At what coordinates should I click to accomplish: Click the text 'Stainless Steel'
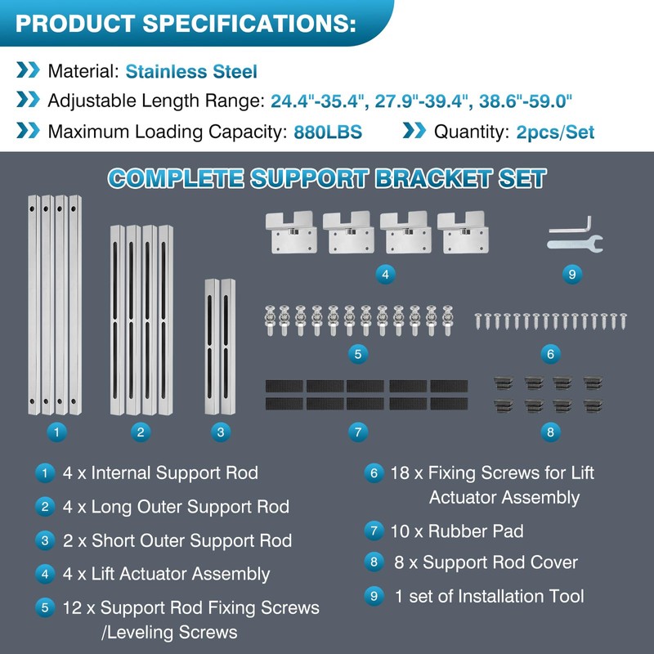click(x=191, y=71)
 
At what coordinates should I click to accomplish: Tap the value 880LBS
click(x=328, y=132)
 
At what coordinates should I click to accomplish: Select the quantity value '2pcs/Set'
click(x=555, y=132)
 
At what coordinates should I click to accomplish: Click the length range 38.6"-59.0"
click(x=526, y=101)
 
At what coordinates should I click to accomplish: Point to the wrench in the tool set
click(x=576, y=244)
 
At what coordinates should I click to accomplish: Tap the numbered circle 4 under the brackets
click(x=385, y=275)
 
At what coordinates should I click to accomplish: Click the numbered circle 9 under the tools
click(x=571, y=275)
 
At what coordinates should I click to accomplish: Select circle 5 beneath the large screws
click(x=358, y=354)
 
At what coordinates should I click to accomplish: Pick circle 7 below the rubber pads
click(x=358, y=432)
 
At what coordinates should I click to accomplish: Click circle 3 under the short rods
click(x=221, y=432)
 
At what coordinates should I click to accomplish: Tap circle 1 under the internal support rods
click(x=56, y=432)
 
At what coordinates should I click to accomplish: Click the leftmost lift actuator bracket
click(x=291, y=232)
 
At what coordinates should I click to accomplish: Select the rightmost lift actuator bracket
click(x=463, y=232)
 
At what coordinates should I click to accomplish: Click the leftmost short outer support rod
click(x=212, y=347)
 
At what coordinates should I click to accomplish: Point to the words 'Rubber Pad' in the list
click(x=476, y=531)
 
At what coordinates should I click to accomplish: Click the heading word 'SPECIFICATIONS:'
click(x=249, y=24)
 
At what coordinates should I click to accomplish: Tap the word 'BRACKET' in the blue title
click(x=433, y=178)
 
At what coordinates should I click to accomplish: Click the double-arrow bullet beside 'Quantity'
click(x=414, y=131)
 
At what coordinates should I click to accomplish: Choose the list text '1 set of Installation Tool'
click(x=489, y=597)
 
